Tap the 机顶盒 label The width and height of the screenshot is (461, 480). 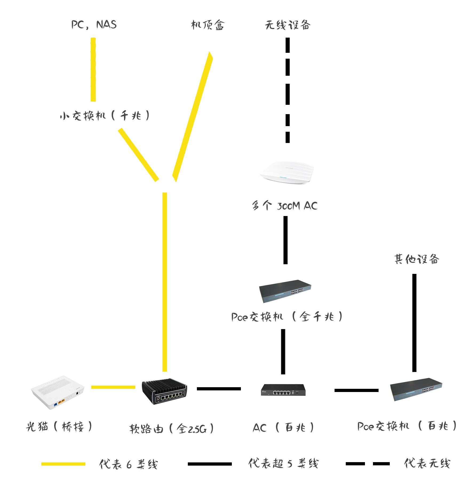[x=208, y=25]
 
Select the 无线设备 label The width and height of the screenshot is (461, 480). [x=288, y=25]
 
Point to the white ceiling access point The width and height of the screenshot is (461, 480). [x=287, y=172]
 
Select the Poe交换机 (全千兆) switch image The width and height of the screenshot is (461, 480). [x=285, y=291]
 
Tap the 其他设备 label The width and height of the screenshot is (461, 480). [x=417, y=259]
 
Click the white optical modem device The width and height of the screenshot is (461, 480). [x=58, y=392]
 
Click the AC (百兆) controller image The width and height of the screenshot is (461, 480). [x=283, y=390]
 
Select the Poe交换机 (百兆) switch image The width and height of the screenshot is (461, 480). [x=416, y=389]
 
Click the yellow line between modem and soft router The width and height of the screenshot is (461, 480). [x=113, y=387]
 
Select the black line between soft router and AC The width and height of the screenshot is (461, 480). [x=219, y=389]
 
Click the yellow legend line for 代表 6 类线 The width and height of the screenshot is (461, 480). [x=63, y=464]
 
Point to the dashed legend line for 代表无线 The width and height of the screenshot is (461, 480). [x=368, y=464]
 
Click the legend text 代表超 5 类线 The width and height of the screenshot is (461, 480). [x=283, y=463]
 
